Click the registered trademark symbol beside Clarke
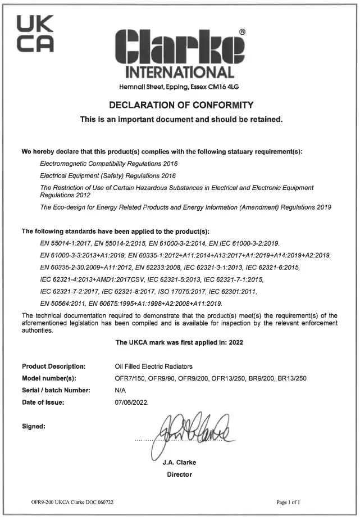click(x=241, y=32)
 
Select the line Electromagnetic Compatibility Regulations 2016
click(x=109, y=164)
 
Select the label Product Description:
click(x=53, y=366)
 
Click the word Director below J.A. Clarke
click(x=179, y=474)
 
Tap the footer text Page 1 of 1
click(x=289, y=501)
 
